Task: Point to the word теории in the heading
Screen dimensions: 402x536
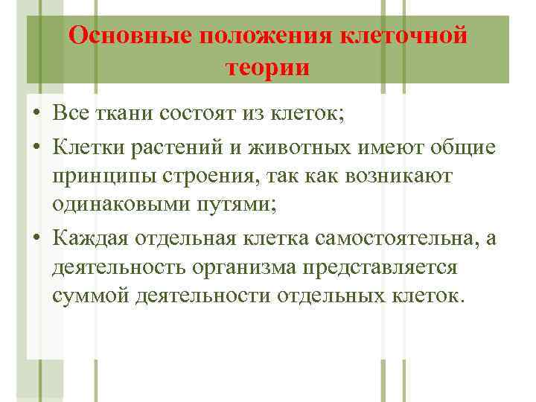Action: [267, 67]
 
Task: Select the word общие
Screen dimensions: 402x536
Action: [466, 147]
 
